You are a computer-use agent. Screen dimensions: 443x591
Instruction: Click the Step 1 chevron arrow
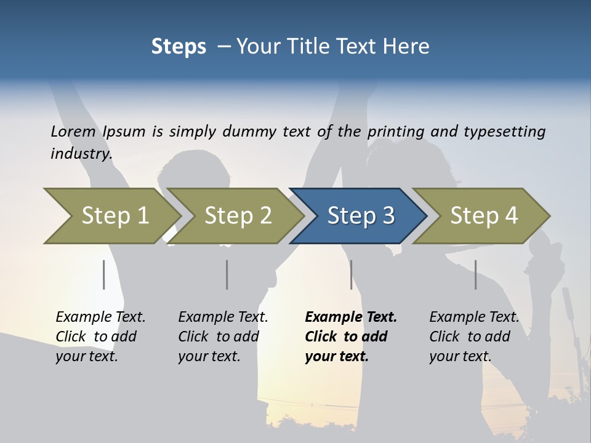click(x=114, y=215)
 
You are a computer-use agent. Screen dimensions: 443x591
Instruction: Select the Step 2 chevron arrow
click(x=237, y=215)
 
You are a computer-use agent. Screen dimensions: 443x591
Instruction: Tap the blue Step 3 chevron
click(x=360, y=215)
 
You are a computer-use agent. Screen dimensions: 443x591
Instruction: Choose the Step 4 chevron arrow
click(x=483, y=215)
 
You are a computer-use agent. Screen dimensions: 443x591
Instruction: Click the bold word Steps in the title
click(x=179, y=47)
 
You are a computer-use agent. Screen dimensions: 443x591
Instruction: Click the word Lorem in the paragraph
click(x=73, y=131)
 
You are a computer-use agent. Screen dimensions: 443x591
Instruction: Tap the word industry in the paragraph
click(x=81, y=153)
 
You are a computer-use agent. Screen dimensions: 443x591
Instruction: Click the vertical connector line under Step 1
click(x=104, y=274)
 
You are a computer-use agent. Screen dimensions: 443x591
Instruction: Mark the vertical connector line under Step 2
click(x=227, y=274)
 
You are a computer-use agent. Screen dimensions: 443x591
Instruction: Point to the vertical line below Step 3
click(x=351, y=274)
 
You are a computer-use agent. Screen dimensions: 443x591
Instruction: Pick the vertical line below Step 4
click(x=475, y=274)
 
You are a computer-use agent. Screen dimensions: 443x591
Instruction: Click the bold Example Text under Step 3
click(x=351, y=317)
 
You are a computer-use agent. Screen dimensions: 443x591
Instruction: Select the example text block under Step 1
click(x=100, y=337)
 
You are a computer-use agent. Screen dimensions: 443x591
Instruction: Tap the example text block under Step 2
click(x=223, y=337)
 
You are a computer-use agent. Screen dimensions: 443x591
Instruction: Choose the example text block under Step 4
click(x=474, y=337)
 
